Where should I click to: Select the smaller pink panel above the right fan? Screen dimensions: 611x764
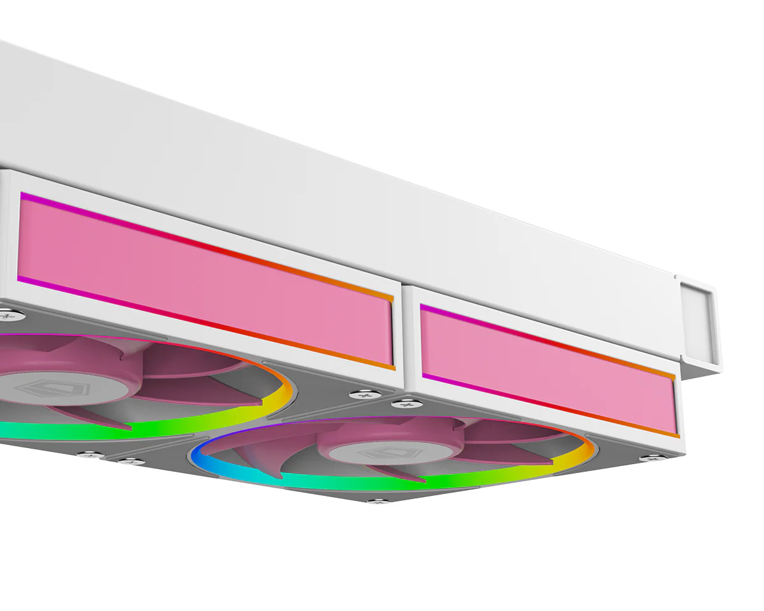(548, 369)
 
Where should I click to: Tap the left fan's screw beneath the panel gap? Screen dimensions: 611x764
(364, 395)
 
